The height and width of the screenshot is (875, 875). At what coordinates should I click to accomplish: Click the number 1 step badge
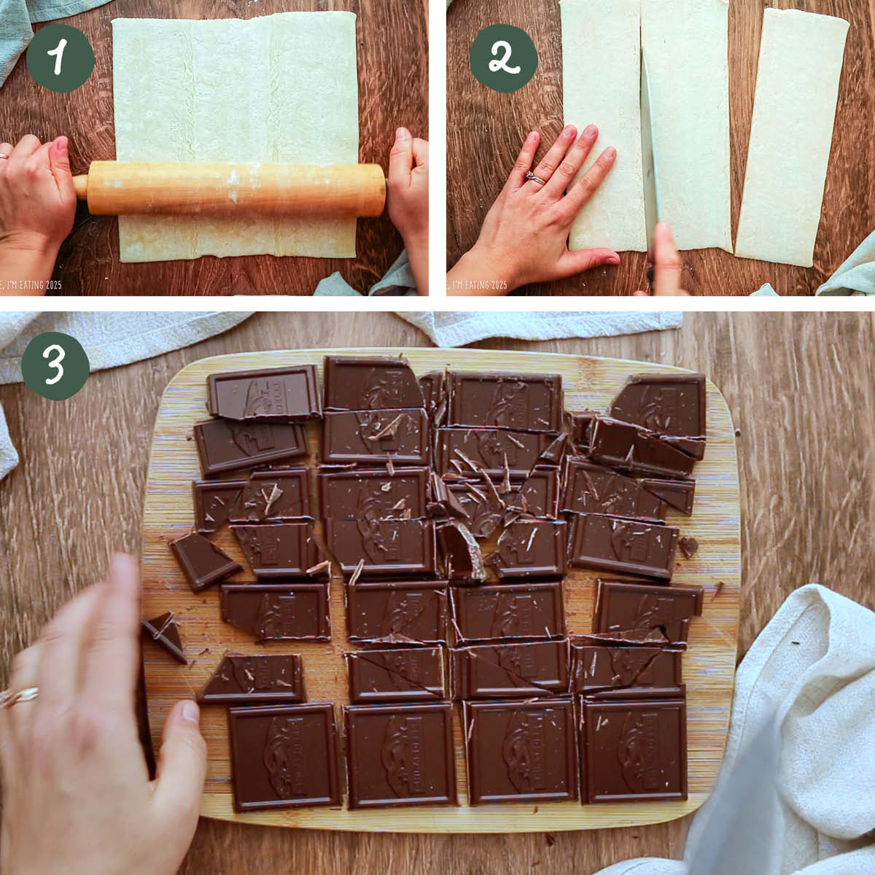pyautogui.click(x=61, y=58)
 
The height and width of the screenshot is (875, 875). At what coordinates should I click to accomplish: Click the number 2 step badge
pyautogui.click(x=503, y=58)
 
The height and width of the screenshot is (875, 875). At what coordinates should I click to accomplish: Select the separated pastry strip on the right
pyautogui.click(x=790, y=139)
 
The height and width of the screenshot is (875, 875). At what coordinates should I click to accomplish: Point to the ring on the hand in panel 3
pyautogui.click(x=18, y=696)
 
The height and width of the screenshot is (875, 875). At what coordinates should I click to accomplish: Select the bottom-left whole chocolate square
pyautogui.click(x=285, y=756)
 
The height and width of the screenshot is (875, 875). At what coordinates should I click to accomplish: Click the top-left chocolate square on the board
pyautogui.click(x=264, y=392)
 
